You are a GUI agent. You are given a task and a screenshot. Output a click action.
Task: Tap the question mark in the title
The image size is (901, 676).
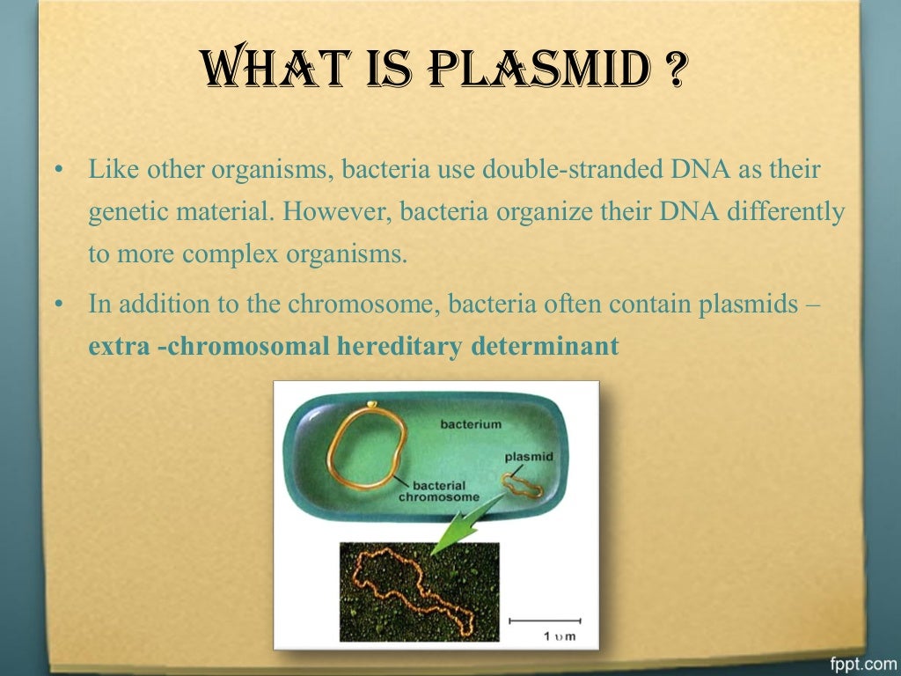point(675,70)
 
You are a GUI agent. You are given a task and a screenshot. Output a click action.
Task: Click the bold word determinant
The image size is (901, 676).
point(545,347)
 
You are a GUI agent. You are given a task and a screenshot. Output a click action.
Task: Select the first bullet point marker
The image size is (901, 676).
point(59,169)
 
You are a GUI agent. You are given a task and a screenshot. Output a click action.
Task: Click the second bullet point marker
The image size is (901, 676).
point(59,305)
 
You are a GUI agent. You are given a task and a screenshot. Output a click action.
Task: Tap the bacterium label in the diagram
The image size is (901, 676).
point(471,424)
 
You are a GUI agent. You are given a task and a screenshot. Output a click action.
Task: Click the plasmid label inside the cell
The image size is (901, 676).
point(529,457)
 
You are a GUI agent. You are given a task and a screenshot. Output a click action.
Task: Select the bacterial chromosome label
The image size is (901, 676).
point(439,491)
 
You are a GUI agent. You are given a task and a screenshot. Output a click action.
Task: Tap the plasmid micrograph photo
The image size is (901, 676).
point(419,591)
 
